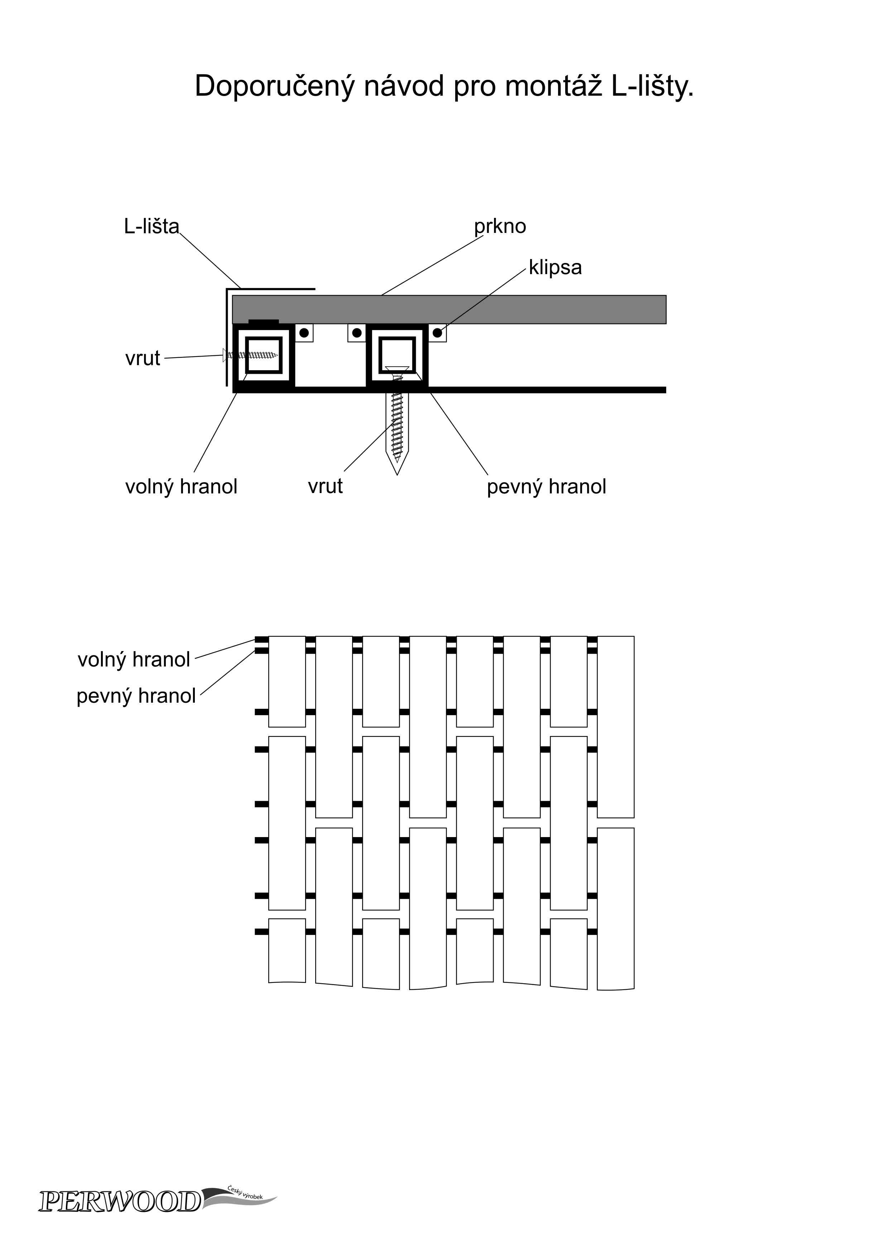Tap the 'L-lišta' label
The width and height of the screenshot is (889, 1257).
151,226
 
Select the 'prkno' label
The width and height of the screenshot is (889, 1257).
500,226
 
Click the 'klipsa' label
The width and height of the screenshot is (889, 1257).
555,268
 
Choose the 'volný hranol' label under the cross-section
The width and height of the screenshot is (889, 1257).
181,487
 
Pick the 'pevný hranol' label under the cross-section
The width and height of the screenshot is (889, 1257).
546,487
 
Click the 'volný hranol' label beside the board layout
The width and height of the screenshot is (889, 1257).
134,660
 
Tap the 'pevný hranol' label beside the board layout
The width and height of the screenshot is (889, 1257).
136,696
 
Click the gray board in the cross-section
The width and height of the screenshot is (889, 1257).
449,309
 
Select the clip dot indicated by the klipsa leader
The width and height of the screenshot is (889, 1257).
437,333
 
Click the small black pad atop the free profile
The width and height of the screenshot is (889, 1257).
264,322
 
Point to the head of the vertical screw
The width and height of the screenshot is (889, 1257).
397,369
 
